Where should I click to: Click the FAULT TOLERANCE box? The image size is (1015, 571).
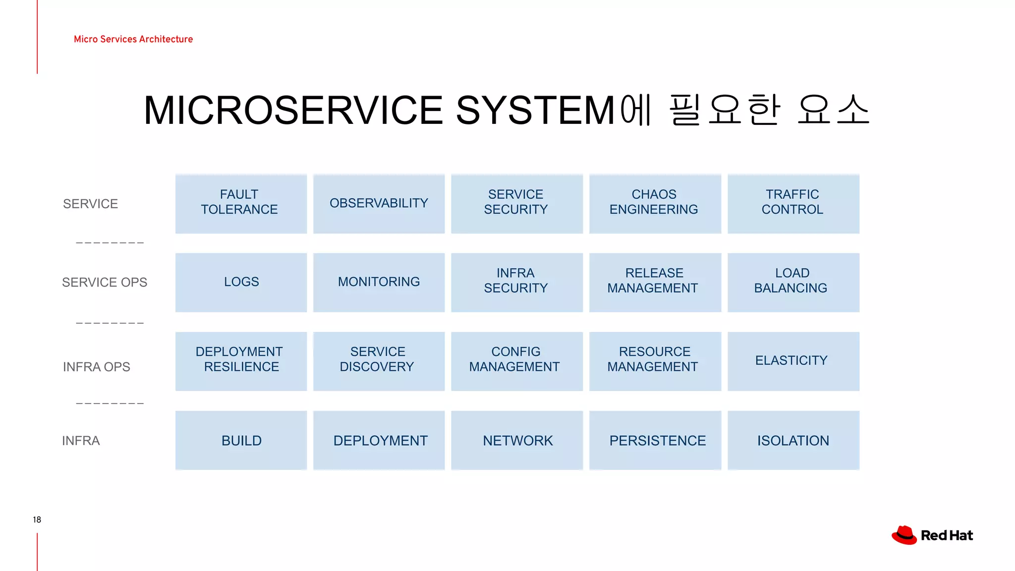(x=241, y=203)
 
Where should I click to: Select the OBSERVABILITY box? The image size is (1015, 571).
(x=379, y=203)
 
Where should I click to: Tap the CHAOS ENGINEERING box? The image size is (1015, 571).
(x=655, y=203)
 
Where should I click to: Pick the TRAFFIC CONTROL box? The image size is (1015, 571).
(x=793, y=203)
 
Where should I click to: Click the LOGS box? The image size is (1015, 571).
(x=241, y=282)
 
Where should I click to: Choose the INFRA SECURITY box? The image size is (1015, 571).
(x=516, y=282)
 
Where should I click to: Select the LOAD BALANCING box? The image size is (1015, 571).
(x=793, y=282)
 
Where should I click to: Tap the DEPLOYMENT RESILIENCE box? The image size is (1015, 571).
(x=241, y=361)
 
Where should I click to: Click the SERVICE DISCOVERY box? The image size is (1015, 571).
(x=379, y=361)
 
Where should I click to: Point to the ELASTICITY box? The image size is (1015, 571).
(x=793, y=361)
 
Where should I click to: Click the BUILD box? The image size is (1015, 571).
(x=241, y=440)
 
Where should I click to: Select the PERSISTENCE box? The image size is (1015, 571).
(x=655, y=440)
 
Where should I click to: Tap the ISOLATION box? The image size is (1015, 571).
(x=793, y=440)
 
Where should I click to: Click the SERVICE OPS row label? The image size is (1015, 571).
(x=105, y=283)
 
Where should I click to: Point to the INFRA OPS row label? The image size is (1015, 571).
(x=97, y=367)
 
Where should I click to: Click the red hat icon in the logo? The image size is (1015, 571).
(x=904, y=535)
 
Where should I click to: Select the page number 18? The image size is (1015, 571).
(x=37, y=519)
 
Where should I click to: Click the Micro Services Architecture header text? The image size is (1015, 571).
(x=133, y=39)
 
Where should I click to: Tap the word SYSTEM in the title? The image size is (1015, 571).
(x=535, y=110)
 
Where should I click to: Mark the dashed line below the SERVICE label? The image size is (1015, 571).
(x=110, y=243)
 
